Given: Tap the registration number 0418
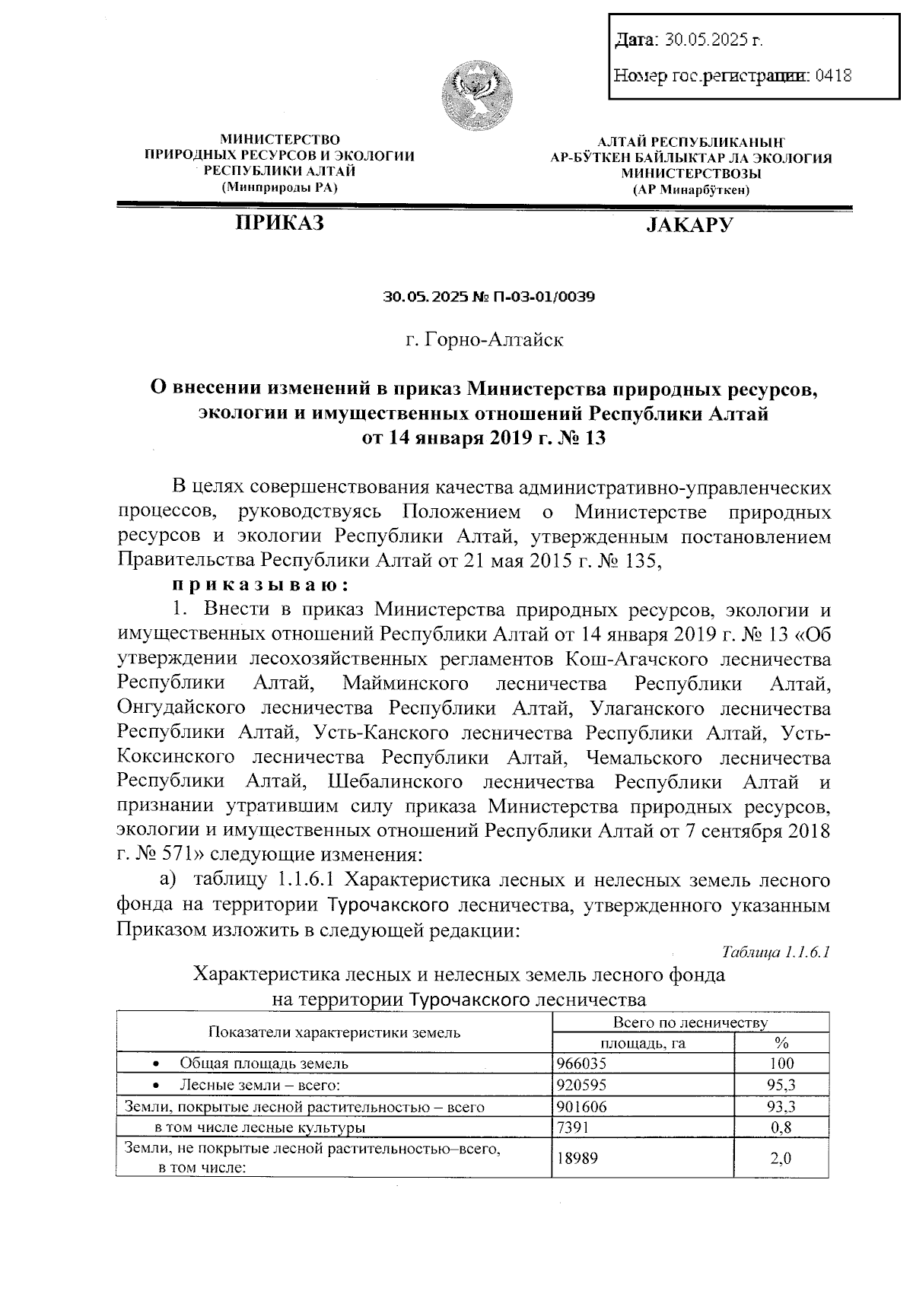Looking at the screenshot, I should [x=832, y=75].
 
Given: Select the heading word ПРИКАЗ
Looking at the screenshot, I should [x=279, y=223].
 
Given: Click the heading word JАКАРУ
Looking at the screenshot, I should [x=689, y=224].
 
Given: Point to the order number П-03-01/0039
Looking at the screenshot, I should [x=533, y=297].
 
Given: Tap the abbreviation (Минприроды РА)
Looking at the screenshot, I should [x=279, y=186].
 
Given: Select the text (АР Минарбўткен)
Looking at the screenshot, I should [x=690, y=189].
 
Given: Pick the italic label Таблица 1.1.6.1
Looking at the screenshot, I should [x=775, y=952].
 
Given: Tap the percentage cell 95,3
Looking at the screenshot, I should [x=781, y=1085].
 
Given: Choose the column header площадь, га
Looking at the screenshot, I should [x=644, y=1043].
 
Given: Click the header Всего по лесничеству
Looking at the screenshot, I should [x=690, y=1023].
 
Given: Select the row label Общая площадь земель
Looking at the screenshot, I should [x=264, y=1064].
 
